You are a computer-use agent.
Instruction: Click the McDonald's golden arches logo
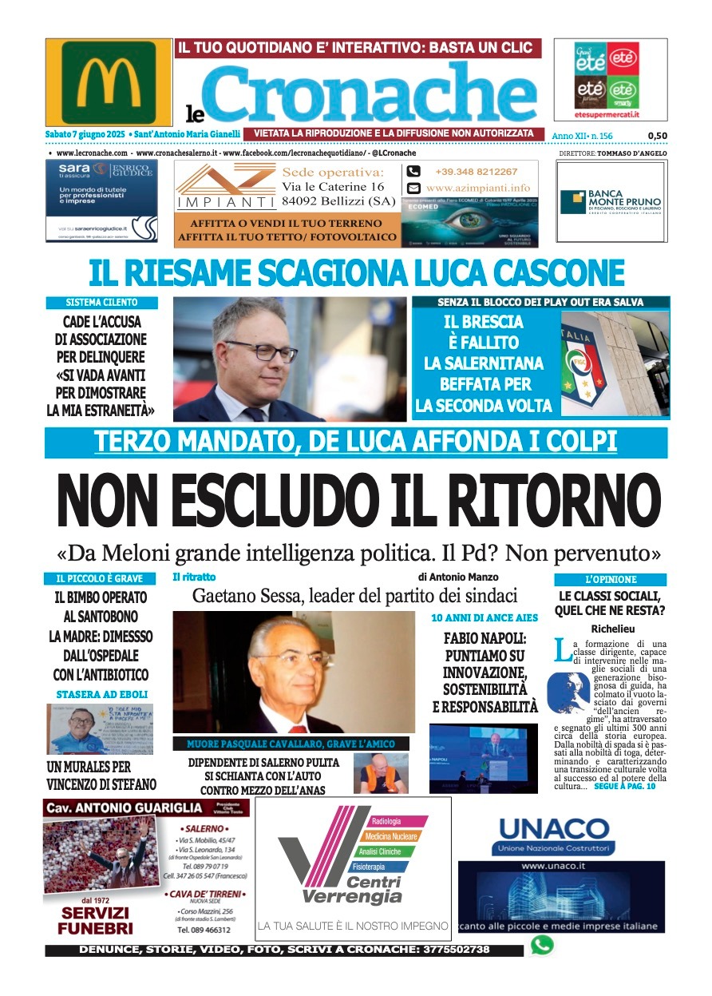pyautogui.click(x=109, y=81)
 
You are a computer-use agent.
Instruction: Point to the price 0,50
pyautogui.click(x=657, y=136)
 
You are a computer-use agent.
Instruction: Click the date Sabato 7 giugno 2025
pyautogui.click(x=86, y=133)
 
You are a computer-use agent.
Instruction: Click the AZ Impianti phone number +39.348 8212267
pyautogui.click(x=476, y=172)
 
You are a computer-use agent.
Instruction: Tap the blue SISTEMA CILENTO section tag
pyautogui.click(x=101, y=303)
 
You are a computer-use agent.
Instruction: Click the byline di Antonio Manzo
pyautogui.click(x=457, y=577)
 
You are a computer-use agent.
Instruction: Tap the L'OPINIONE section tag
pyautogui.click(x=611, y=579)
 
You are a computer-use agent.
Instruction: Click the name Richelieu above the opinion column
pyautogui.click(x=611, y=629)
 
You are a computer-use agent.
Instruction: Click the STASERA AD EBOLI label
pyautogui.click(x=101, y=694)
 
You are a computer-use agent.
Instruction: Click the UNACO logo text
pyautogui.click(x=553, y=827)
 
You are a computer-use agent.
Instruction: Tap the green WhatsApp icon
pyautogui.click(x=541, y=946)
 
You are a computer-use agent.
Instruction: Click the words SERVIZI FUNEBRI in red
pyautogui.click(x=95, y=920)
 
